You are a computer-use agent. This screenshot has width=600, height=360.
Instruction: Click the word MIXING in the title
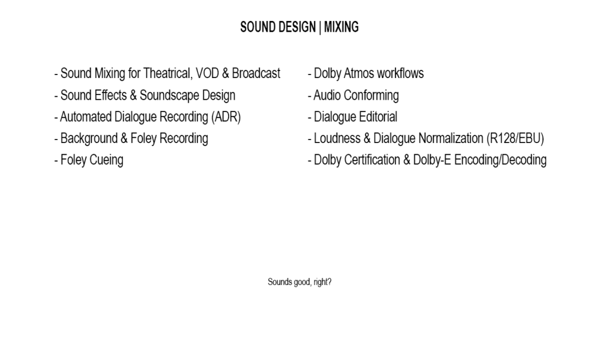click(342, 27)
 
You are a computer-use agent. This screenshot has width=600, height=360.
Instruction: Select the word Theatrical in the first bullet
click(167, 73)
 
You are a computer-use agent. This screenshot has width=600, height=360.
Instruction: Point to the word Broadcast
click(256, 73)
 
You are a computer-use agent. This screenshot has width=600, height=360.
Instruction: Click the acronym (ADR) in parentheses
click(226, 117)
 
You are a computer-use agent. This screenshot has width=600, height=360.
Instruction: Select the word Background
click(89, 138)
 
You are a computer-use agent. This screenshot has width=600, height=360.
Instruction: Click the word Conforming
click(375, 96)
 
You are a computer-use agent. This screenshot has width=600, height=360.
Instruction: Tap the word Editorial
click(377, 117)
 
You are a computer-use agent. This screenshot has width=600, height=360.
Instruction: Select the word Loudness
click(337, 138)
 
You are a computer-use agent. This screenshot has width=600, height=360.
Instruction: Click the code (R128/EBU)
click(515, 138)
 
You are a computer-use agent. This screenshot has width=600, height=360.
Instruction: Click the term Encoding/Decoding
click(500, 160)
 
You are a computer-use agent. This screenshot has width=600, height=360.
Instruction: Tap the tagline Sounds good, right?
click(299, 282)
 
